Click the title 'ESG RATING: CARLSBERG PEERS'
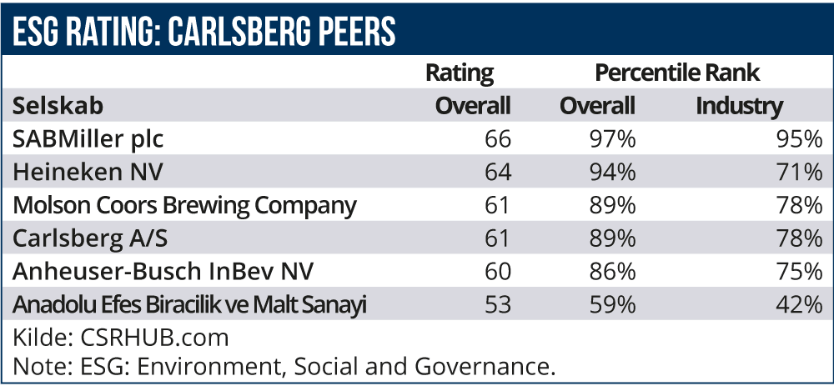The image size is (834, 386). pos(203,32)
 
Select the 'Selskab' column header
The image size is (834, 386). pos(57,106)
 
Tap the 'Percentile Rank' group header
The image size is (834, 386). pos(677,73)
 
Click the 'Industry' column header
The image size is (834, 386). pos(740,106)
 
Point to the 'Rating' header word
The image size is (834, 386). pos(460,73)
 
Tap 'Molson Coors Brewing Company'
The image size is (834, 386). pos(184,205)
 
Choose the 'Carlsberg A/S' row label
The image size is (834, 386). pos(90,238)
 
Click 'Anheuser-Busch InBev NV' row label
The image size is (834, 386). pos(153,272)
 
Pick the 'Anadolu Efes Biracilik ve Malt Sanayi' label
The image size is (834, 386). pos(190,305)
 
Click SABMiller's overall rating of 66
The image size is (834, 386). pos(497,138)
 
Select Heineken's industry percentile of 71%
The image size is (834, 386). pos(801,173)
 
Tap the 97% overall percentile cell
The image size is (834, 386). pos(612,138)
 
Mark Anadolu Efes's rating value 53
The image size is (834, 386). pos(497,305)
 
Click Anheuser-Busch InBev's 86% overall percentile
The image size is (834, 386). pos(612,272)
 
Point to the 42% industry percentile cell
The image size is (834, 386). pos(801,305)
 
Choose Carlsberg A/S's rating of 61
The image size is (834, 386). pos(497,238)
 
